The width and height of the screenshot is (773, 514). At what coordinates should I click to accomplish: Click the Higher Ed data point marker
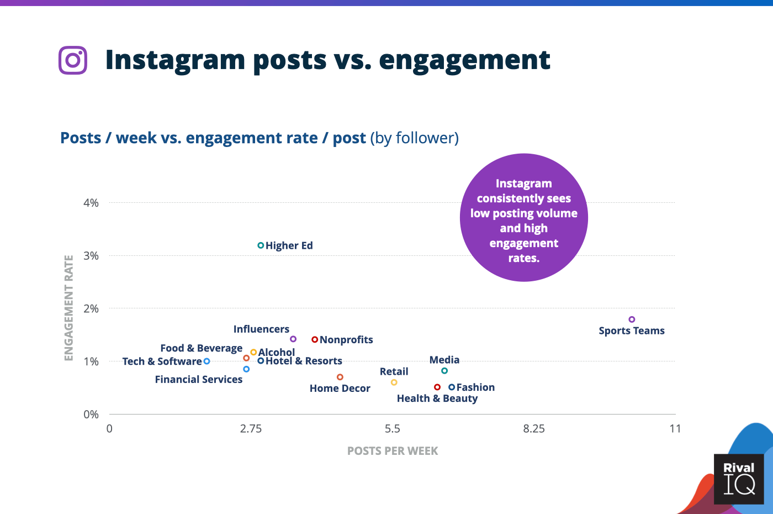261,245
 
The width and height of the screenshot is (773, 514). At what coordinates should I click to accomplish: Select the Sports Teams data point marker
632,319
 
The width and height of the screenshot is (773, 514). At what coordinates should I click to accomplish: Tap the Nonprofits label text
346,340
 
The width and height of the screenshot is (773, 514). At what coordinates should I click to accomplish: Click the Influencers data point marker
293,339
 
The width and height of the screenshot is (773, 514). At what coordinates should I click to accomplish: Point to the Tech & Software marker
207,361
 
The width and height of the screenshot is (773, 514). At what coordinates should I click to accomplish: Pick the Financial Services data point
246,369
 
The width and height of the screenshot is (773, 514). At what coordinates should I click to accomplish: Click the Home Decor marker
340,377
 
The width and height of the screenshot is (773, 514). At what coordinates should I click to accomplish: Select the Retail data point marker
394,382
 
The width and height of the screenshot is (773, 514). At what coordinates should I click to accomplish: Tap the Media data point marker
444,371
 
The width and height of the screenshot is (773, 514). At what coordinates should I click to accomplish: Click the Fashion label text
475,387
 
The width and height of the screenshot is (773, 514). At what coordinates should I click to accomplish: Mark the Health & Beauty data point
437,387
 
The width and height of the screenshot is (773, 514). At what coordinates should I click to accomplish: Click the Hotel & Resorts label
304,361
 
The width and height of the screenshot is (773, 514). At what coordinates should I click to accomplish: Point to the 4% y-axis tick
91,203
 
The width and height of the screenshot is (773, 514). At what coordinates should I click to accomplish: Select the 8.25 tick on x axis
534,429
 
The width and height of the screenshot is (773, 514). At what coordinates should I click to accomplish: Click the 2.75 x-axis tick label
251,429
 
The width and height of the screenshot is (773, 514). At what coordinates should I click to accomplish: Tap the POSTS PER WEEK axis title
392,451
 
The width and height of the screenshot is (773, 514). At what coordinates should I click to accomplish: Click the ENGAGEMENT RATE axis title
69,308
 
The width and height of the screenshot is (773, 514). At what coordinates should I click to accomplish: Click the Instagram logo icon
73,60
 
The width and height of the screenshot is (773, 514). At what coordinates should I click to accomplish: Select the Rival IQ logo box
739,479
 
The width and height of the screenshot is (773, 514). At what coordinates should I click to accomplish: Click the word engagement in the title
464,60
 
